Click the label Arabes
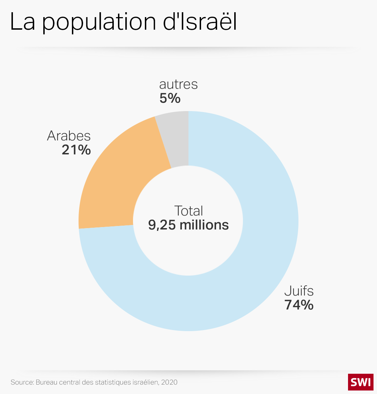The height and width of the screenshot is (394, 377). [x=69, y=136]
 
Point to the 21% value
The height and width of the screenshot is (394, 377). [x=76, y=150]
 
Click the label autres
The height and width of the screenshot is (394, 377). [x=178, y=84]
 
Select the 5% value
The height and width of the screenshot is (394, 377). [x=170, y=98]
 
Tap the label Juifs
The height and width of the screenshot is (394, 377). [x=299, y=291]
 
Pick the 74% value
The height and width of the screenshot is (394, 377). [x=299, y=305]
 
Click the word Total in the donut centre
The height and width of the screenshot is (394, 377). [x=188, y=211]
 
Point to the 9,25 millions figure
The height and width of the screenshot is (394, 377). [x=188, y=225]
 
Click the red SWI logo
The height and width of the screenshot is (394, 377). [x=361, y=382]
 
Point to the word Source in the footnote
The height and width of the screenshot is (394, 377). [x=22, y=382]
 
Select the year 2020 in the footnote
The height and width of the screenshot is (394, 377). [x=170, y=382]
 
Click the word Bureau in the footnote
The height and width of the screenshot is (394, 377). [x=47, y=382]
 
